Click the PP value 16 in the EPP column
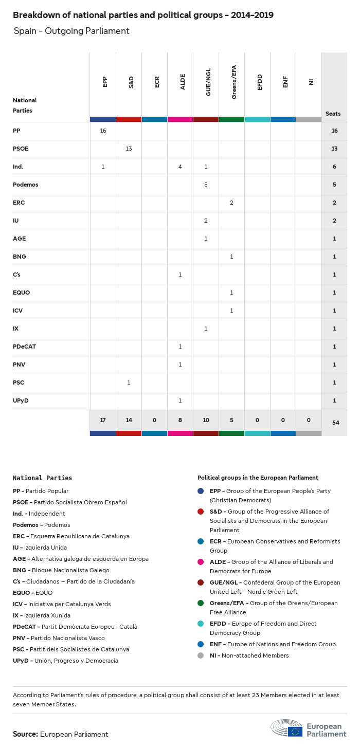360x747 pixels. [x=103, y=131]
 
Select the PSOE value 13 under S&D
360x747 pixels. [x=129, y=149]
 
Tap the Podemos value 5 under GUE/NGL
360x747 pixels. [x=206, y=185]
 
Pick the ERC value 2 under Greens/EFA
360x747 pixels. [x=231, y=203]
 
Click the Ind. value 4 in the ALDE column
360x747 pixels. [x=180, y=167]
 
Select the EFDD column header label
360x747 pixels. [x=260, y=82]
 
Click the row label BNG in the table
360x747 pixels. [x=20, y=257]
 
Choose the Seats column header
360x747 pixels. [x=333, y=114]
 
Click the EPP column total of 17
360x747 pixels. [x=103, y=420]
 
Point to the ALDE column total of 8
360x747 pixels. [x=180, y=420]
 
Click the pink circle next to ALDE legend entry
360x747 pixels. [x=201, y=562]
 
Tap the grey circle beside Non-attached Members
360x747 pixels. [x=201, y=655]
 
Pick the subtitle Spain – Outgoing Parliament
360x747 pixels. [x=71, y=31]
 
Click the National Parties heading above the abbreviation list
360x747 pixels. [x=43, y=478]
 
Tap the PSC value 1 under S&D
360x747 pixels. [x=129, y=382]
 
